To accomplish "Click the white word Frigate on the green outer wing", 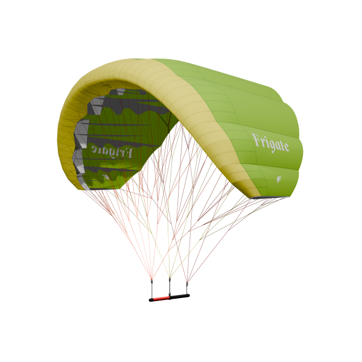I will (270, 143).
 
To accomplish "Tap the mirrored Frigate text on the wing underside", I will (112, 150).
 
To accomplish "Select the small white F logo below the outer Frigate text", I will (279, 179).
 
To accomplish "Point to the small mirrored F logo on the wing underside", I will (106, 177).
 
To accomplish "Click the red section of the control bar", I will (161, 298).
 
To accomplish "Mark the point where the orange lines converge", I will (151, 278).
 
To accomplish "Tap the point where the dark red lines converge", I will (186, 281).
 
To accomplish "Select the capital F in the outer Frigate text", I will (255, 140).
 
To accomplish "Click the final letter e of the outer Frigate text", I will (286, 147).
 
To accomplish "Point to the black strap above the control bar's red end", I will (151, 288).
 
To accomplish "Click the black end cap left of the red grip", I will (151, 299).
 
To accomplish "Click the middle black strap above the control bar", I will (170, 287).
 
